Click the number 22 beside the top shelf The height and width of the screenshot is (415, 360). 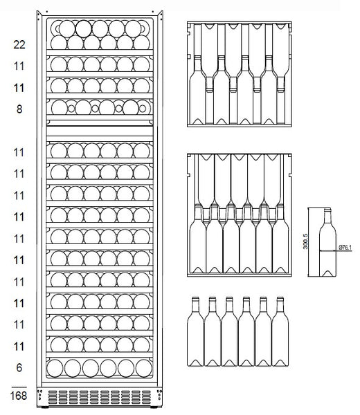pos(19,45)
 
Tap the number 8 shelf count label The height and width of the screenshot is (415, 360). pos(19,109)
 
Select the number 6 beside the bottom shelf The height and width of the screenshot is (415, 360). pos(19,368)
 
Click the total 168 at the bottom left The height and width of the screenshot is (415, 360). pos(19,396)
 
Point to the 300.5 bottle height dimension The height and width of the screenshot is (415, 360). pos(305,241)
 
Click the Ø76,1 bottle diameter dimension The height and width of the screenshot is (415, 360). pos(345,248)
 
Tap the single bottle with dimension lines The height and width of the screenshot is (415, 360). pos(327,242)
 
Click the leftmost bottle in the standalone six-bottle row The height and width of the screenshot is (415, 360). pos(195,331)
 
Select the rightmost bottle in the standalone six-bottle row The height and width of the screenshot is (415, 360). pos(280,331)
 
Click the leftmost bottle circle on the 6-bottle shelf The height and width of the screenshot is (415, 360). pos(55,368)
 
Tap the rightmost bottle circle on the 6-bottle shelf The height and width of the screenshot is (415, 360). pos(144,368)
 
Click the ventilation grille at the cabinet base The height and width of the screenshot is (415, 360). pos(100,397)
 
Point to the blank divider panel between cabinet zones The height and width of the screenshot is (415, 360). pos(100,131)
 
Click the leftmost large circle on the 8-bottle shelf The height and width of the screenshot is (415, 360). pos(60,108)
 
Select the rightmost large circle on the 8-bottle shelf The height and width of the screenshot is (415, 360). pos(131,107)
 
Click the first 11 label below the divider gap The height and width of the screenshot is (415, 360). pos(19,153)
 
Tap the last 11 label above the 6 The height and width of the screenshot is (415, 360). pos(19,347)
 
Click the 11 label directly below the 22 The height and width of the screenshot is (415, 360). pos(19,66)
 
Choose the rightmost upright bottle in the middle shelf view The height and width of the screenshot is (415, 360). pos(280,239)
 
